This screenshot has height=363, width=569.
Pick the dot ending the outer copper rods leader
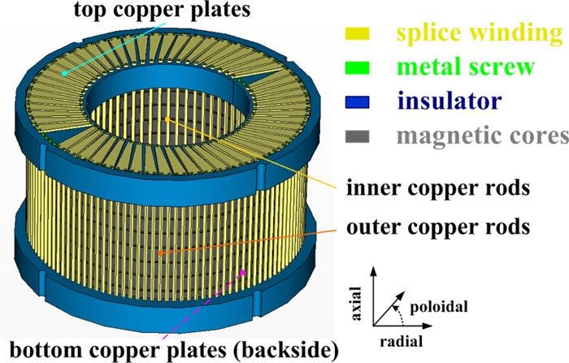160,253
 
